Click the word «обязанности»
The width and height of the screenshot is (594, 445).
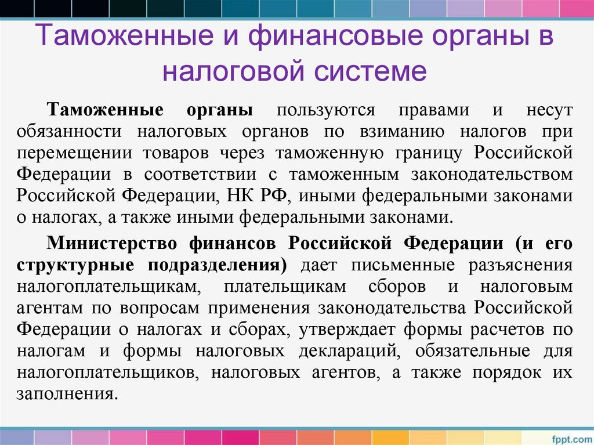click(69, 132)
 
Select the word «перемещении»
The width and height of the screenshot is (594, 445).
click(69, 153)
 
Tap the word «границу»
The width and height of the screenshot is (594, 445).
click(430, 153)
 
